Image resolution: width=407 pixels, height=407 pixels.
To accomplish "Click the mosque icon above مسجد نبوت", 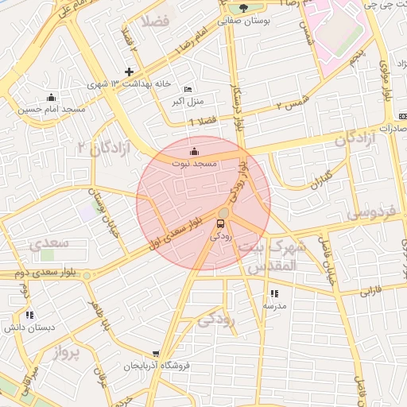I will tap(195, 150).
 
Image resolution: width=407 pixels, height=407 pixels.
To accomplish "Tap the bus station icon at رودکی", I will tap(221, 223).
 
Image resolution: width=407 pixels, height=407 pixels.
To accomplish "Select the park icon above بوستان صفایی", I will tap(243, 8).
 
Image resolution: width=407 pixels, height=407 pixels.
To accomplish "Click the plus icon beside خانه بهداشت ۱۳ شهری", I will tap(129, 72).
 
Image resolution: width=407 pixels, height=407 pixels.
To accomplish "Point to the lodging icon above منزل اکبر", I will tap(188, 89).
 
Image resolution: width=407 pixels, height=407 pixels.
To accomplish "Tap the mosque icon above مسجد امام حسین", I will tap(52, 97).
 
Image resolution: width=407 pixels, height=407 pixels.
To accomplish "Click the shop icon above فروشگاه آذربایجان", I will tap(157, 355).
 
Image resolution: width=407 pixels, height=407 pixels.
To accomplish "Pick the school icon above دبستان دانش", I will tap(29, 316).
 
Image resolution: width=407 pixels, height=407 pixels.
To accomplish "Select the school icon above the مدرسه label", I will tap(274, 293).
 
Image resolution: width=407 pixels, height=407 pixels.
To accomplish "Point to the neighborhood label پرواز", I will tap(69, 354).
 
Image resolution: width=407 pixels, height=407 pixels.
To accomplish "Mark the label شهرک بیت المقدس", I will tap(271, 258).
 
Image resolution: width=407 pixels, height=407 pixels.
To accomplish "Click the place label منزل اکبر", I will tap(188, 102).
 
